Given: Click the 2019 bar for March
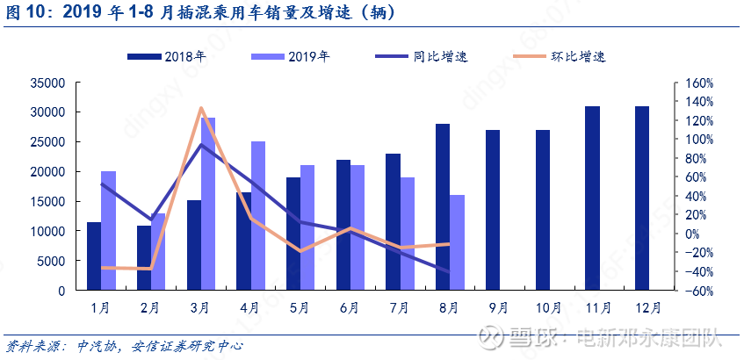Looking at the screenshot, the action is (208, 204).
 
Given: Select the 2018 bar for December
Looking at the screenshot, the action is (642, 198).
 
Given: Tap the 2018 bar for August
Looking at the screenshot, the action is (443, 207).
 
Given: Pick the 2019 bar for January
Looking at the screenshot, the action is (108, 231).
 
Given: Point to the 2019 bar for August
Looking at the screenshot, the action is (457, 242).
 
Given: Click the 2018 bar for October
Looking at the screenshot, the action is (543, 210).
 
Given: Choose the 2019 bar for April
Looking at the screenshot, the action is (258, 215).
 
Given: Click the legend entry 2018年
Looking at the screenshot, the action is (167, 57).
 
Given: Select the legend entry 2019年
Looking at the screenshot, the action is (290, 57).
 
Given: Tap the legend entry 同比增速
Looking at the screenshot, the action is (422, 57).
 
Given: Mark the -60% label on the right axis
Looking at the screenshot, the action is (697, 291).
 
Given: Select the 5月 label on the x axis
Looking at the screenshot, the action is (299, 308).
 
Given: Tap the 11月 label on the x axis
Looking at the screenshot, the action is (598, 308).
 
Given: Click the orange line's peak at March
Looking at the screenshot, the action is (200, 108).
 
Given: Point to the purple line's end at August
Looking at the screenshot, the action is (450, 272).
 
